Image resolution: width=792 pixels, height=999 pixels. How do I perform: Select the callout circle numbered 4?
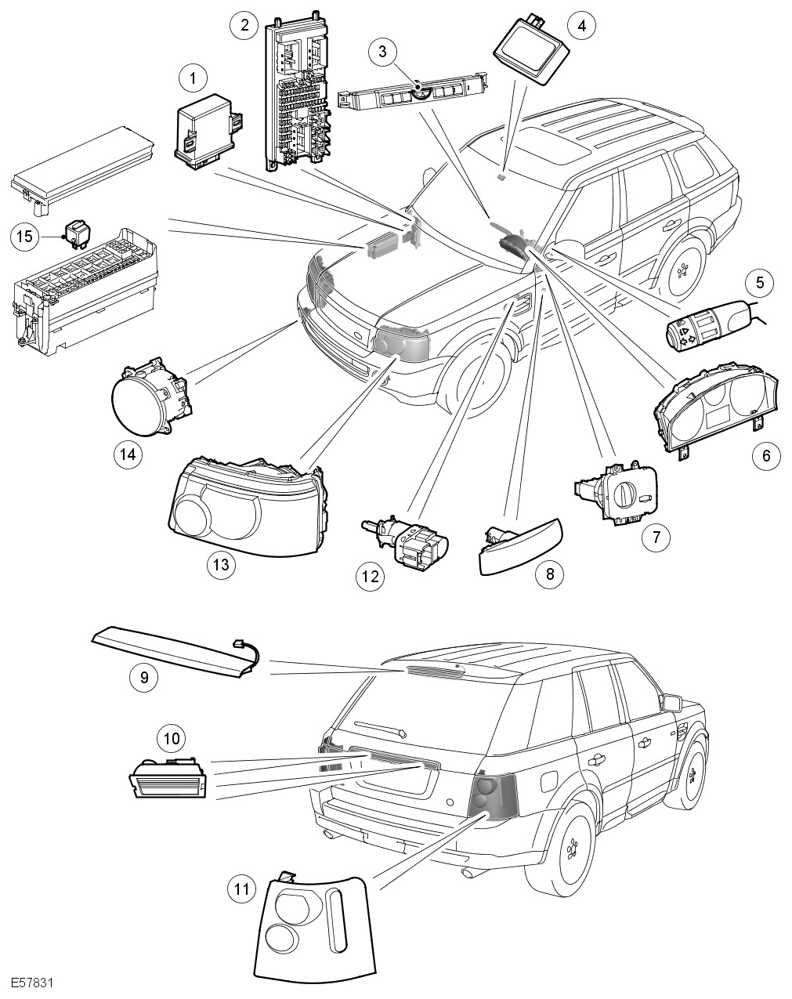[580, 25]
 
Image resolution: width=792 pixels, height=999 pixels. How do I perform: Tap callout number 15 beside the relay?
[27, 235]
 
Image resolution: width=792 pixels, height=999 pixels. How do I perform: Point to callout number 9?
[144, 676]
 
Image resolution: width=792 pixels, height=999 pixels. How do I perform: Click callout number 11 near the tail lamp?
[242, 888]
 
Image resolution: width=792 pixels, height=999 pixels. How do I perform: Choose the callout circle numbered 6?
[766, 455]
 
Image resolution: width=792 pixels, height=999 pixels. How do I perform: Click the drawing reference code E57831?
[31, 983]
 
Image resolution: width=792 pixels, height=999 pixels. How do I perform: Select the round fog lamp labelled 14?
[149, 398]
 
